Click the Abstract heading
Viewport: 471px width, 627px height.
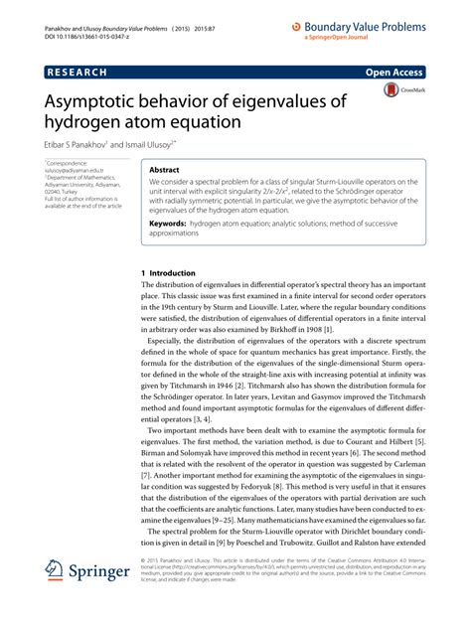[x=165, y=170]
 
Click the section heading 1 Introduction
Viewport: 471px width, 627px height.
[x=174, y=272]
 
